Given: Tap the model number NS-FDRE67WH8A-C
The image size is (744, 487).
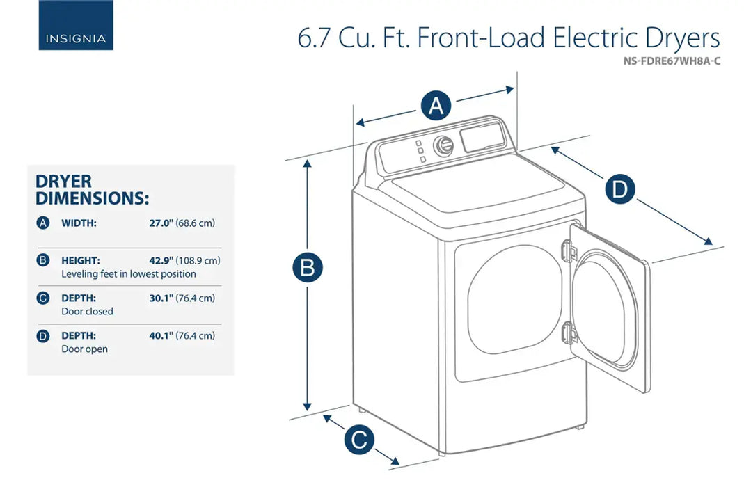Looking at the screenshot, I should (x=672, y=61).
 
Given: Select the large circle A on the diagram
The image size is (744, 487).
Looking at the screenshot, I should (x=436, y=106).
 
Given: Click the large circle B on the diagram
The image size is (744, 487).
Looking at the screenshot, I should (x=307, y=268).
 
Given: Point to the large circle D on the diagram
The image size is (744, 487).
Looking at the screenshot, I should (x=619, y=190).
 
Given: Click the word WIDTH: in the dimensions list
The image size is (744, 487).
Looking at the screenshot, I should (x=79, y=223).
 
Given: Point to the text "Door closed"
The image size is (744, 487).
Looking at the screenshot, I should (x=87, y=312).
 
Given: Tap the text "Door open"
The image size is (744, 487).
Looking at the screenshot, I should (x=84, y=349).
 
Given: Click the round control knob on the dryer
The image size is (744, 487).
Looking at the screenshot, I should (x=443, y=145).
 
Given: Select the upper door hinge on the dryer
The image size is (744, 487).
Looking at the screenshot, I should (x=569, y=249).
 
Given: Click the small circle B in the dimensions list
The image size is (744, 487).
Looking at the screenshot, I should (x=43, y=261).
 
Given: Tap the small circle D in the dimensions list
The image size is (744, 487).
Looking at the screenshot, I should (x=43, y=336).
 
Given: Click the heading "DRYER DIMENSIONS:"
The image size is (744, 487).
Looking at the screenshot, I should (x=92, y=190).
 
